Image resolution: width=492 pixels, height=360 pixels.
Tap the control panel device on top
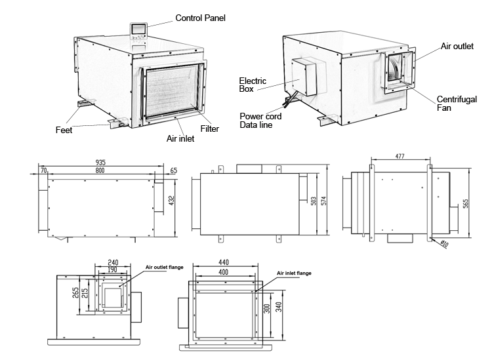pyautogui.click(x=140, y=31)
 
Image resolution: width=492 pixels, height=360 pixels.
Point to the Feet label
pyautogui.click(x=63, y=130)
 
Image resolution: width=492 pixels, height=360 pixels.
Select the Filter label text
pyautogui.click(x=209, y=129)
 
